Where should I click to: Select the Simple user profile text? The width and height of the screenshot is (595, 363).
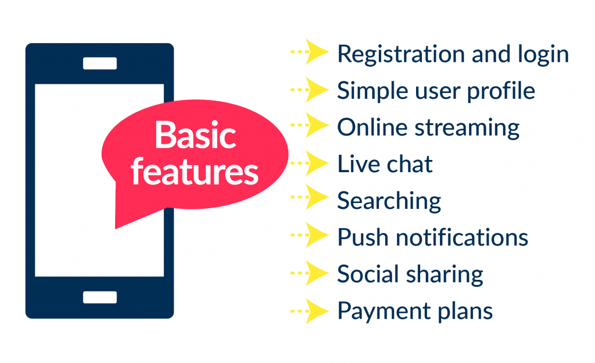click(x=436, y=91)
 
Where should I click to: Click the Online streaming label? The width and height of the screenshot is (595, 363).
click(x=428, y=128)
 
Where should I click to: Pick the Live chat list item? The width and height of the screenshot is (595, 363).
click(x=385, y=165)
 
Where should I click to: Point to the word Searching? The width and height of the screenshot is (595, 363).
click(x=389, y=201)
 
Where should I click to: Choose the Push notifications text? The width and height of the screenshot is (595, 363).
click(x=432, y=238)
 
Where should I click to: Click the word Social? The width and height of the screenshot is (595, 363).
click(x=364, y=274)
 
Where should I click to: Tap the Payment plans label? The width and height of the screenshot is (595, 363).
click(x=415, y=311)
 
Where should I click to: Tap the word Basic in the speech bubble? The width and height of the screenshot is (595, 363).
click(x=195, y=136)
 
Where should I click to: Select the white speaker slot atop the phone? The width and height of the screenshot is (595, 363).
click(x=99, y=63)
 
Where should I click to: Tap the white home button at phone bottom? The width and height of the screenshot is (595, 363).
click(x=99, y=297)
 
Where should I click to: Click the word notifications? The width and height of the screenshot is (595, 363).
click(x=459, y=238)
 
